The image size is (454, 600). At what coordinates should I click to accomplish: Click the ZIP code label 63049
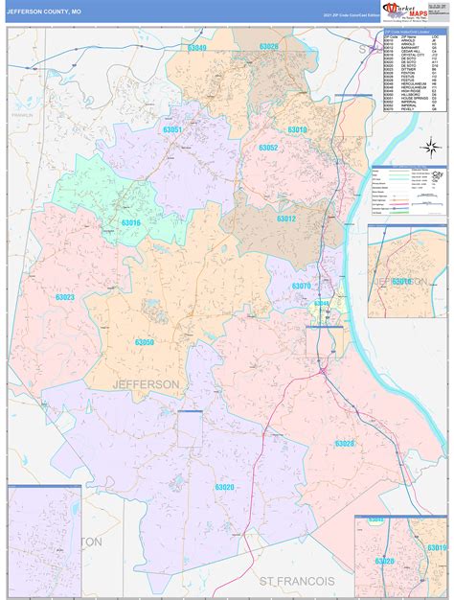(197, 47)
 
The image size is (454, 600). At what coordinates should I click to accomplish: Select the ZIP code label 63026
(268, 47)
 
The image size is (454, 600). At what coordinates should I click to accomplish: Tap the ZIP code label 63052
(268, 148)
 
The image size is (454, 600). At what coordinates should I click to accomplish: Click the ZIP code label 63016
(130, 222)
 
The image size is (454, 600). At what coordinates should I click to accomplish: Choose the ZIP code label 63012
(285, 218)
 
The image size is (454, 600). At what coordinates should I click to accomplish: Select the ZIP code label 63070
(301, 286)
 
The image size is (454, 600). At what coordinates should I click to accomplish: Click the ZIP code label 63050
(144, 342)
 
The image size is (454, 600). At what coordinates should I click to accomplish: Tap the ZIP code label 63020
(224, 487)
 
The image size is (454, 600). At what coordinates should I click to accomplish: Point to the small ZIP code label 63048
(321, 304)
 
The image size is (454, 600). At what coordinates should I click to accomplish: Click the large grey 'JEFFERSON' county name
(146, 383)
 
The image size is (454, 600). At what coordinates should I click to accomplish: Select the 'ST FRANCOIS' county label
(297, 581)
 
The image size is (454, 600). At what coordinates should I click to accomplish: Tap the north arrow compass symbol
(431, 147)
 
